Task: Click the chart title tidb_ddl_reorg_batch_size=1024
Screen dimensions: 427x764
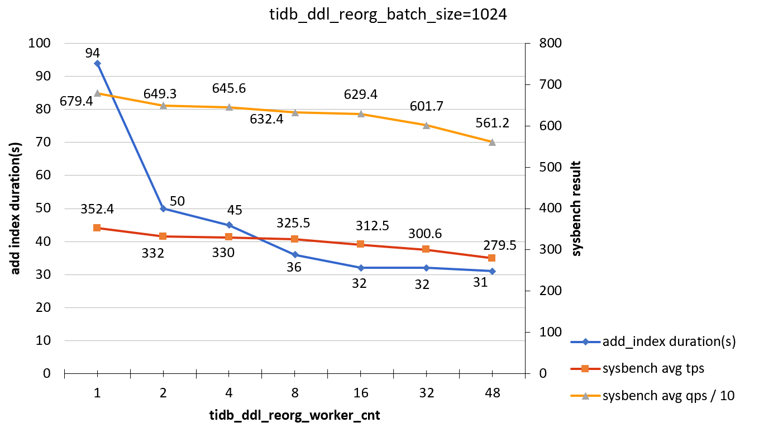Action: pos(387,15)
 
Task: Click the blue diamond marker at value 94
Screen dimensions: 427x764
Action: pos(97,63)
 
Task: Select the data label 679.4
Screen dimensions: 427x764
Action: pos(76,102)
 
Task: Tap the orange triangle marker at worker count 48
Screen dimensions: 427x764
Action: pos(492,142)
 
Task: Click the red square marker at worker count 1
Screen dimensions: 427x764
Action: pos(97,228)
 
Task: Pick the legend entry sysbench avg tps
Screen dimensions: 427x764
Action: pos(653,368)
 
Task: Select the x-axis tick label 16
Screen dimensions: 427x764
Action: pos(361,393)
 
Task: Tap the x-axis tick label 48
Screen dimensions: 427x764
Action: pos(492,393)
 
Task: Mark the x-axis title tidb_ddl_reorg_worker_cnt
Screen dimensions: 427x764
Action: pos(295,415)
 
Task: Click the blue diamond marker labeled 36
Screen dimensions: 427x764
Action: pos(295,255)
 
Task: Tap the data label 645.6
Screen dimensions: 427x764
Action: pos(229,88)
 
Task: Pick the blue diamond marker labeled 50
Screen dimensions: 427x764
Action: pos(163,208)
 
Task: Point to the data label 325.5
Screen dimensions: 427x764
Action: pos(293,222)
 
